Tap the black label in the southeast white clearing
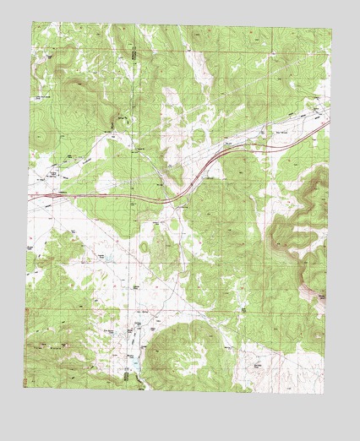pyautogui.click(x=258, y=365)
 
